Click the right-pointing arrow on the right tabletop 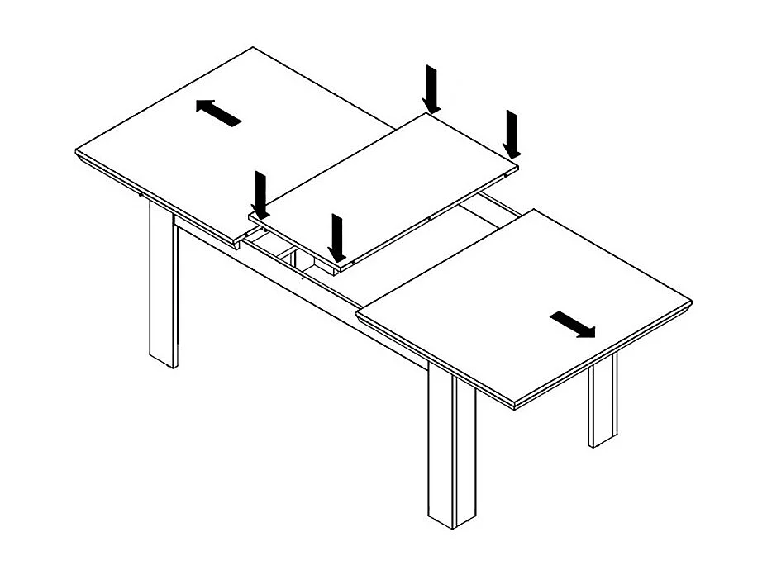pos(572,324)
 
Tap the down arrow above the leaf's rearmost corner pos(431,90)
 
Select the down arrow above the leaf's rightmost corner pos(512,134)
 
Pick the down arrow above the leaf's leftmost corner pos(261,195)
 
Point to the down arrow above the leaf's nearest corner pos(336,238)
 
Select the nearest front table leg pos(452,450)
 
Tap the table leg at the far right pos(603,399)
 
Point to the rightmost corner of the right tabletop pos(690,302)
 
